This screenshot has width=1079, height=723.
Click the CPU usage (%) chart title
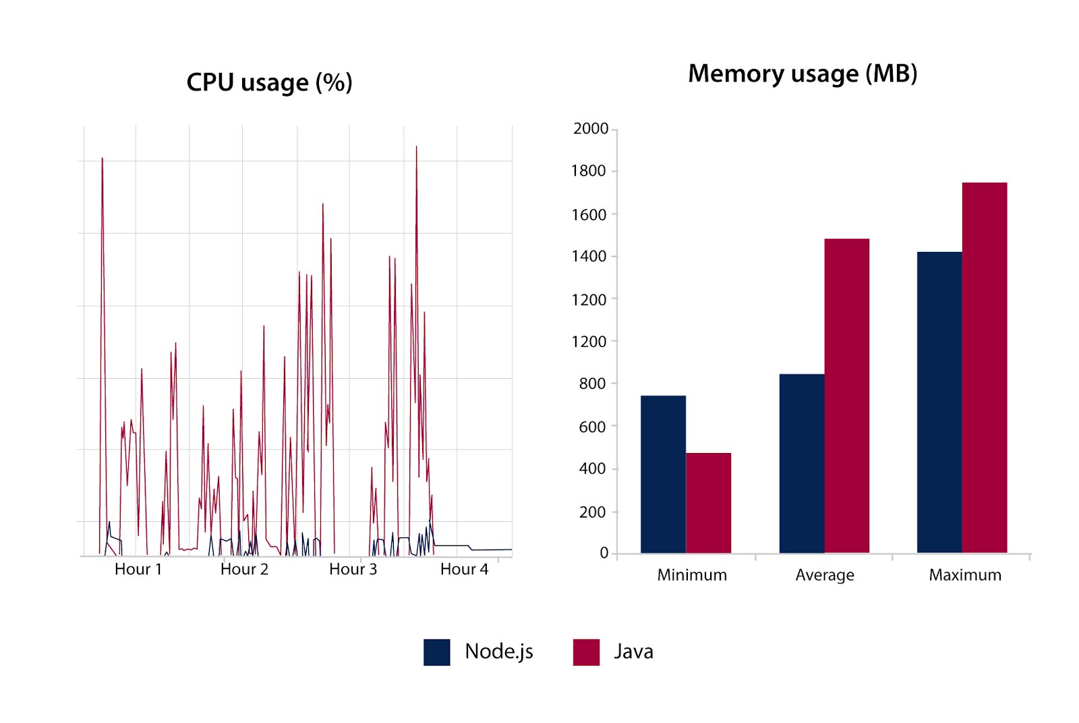[x=269, y=82]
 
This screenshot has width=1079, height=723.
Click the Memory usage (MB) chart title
[x=803, y=74]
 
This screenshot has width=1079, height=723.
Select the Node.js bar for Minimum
[x=663, y=474]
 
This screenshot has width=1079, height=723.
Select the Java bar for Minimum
[x=708, y=503]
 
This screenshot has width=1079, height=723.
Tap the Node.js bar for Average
[x=801, y=463]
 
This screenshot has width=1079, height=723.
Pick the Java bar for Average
[x=846, y=396]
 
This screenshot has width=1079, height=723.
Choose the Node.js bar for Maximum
[x=939, y=402]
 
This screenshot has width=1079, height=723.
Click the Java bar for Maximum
[x=984, y=368]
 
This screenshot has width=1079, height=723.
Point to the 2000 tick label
[x=590, y=129]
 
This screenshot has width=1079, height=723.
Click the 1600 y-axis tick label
[x=589, y=215]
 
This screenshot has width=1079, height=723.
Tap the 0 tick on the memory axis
[x=604, y=553]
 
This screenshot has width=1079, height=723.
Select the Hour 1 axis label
[x=138, y=569]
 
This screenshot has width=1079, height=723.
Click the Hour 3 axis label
[x=353, y=569]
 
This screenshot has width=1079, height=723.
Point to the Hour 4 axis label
[x=464, y=569]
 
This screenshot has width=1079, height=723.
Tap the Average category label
[x=824, y=575]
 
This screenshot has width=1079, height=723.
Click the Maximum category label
[x=964, y=575]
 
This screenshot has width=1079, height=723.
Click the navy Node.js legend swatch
[x=436, y=652]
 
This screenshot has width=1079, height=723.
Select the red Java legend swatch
[x=586, y=652]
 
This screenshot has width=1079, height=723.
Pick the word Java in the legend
[x=633, y=651]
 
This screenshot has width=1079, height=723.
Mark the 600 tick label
[x=592, y=427]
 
